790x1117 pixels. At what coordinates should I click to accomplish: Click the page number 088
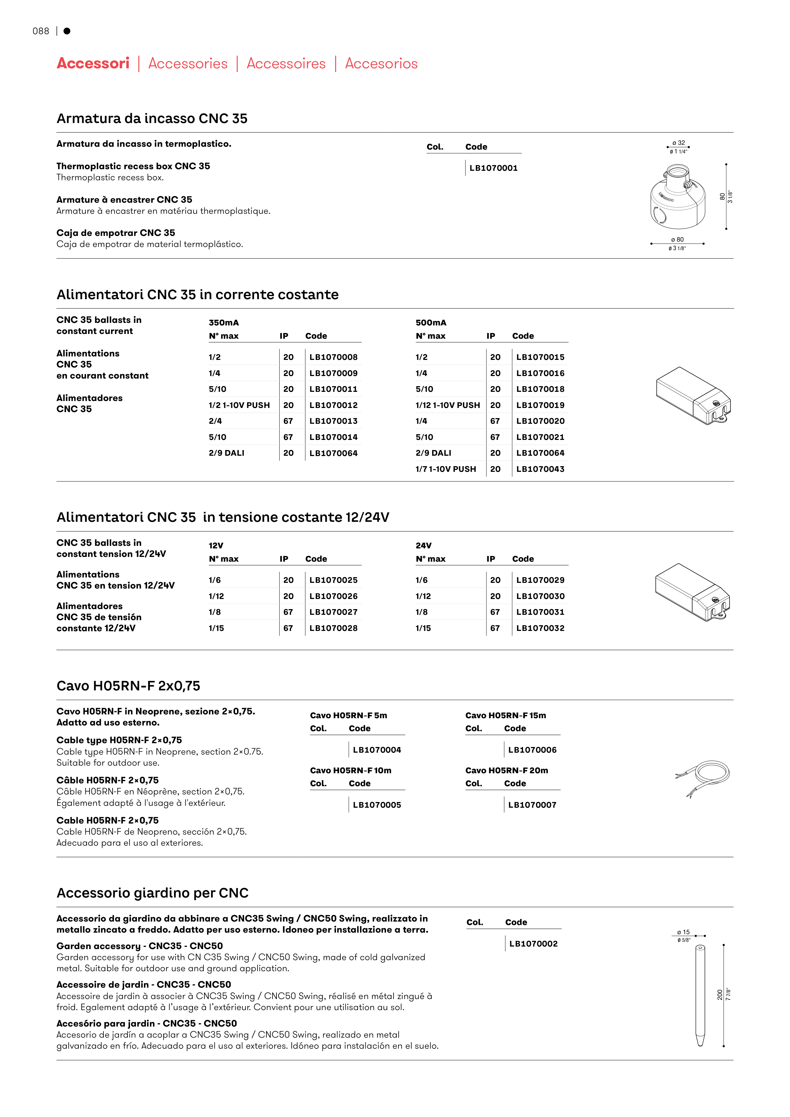tap(41, 31)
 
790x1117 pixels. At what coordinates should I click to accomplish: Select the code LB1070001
tap(493, 168)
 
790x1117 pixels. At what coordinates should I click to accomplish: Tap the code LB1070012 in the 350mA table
tap(333, 405)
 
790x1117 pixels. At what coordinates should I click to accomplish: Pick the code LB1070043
tap(540, 469)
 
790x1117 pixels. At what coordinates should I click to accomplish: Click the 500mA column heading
tap(431, 323)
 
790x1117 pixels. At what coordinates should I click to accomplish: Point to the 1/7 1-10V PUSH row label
tap(445, 469)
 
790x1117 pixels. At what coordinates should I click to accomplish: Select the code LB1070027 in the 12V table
tap(333, 612)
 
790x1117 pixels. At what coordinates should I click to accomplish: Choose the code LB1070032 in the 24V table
tap(540, 628)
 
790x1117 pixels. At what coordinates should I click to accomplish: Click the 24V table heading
tap(424, 545)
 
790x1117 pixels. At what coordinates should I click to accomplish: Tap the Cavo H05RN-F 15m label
tap(505, 715)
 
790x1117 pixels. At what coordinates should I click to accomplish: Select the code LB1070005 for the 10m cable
tap(377, 805)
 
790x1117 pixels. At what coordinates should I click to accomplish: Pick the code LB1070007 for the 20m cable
tap(532, 805)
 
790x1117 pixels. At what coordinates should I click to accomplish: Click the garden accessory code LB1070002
tap(533, 944)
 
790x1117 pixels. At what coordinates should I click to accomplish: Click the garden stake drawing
tap(700, 995)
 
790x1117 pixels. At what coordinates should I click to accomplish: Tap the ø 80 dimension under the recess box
tap(677, 239)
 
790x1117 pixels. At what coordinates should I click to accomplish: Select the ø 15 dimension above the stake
tap(683, 932)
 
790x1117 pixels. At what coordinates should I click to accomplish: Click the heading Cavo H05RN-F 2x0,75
tap(128, 686)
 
